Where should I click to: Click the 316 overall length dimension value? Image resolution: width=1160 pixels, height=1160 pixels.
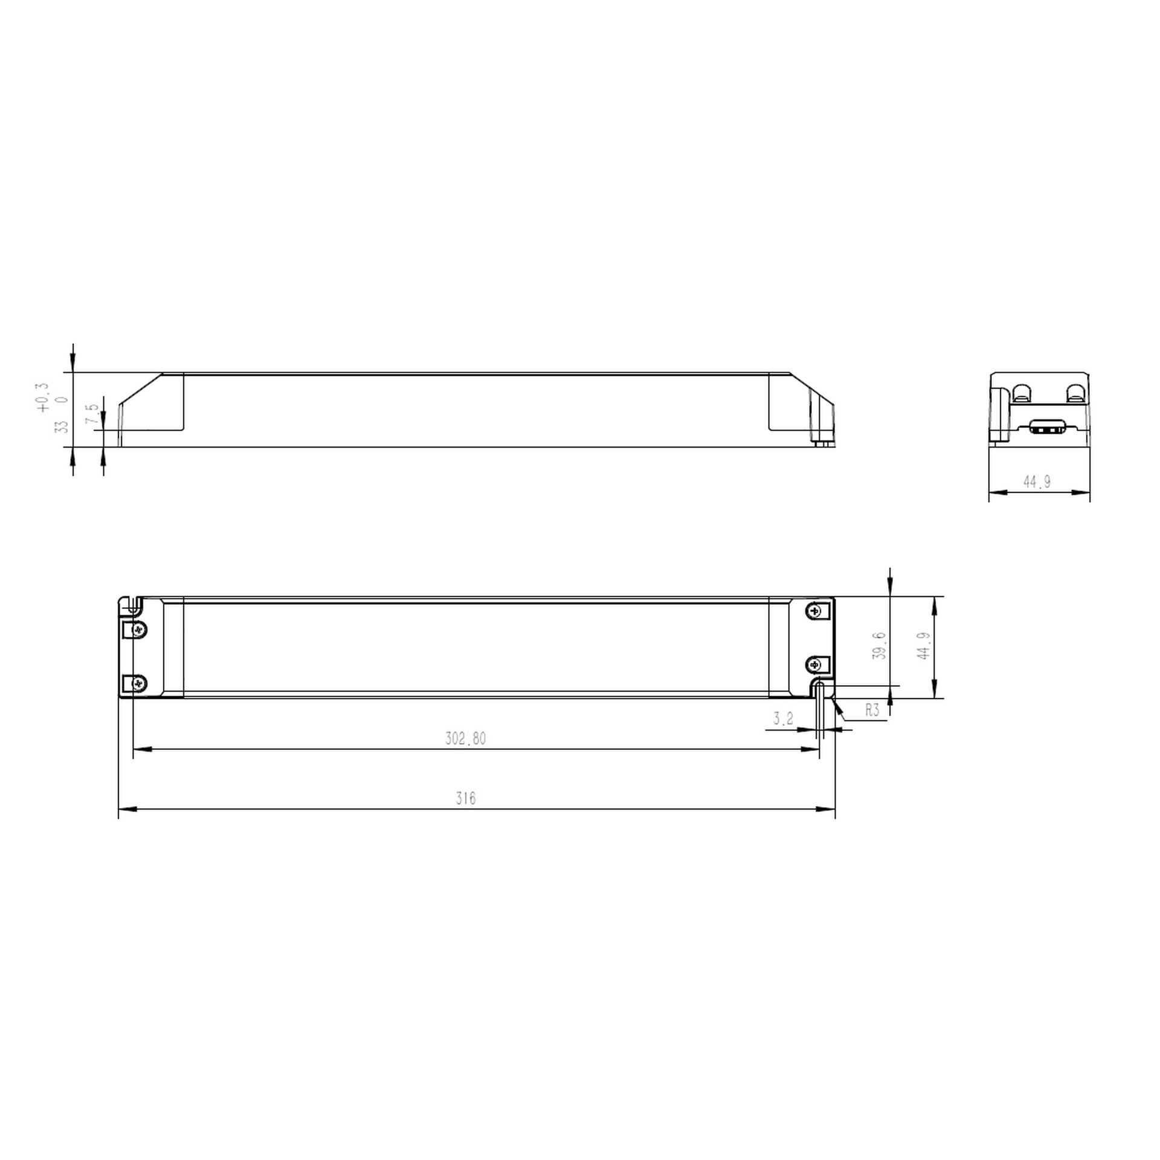(465, 799)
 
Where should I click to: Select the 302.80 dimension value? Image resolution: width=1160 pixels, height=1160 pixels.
(465, 738)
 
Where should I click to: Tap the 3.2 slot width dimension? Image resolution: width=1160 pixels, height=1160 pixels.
(783, 718)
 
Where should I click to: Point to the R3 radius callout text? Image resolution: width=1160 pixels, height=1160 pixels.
(872, 710)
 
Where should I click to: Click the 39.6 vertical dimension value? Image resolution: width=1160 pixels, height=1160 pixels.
(880, 645)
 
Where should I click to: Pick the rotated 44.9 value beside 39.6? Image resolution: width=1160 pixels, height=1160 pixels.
(923, 645)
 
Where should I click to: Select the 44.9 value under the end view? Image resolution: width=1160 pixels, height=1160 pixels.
(1037, 482)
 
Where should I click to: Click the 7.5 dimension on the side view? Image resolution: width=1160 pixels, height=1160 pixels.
(92, 414)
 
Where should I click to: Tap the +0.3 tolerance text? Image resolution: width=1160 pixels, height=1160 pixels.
(43, 398)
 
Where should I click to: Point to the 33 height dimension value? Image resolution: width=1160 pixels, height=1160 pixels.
(62, 427)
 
